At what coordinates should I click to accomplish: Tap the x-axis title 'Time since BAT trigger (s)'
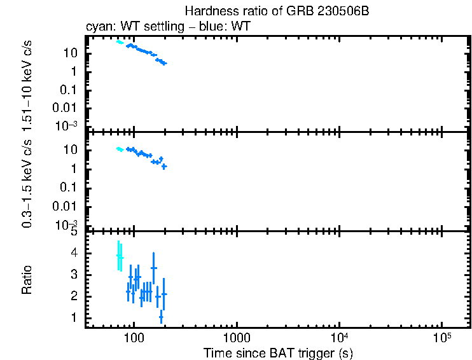click(278, 352)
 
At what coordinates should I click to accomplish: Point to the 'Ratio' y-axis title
click(27, 280)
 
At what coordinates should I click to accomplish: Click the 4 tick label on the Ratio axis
click(75, 253)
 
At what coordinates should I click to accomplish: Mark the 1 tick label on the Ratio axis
click(75, 317)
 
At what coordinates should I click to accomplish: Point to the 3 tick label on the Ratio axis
click(75, 275)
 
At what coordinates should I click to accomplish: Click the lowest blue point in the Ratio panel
click(161, 317)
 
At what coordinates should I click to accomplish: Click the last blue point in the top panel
click(164, 63)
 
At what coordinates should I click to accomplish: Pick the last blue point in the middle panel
click(164, 166)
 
